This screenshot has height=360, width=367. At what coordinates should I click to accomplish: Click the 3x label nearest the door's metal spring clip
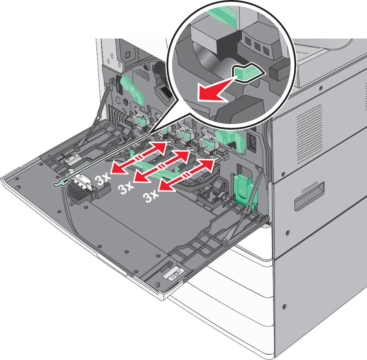[103, 179]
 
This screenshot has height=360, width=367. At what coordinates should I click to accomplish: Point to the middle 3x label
[126, 187]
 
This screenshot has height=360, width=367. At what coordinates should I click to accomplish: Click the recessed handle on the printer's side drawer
[309, 196]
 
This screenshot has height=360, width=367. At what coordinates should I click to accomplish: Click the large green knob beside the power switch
[229, 139]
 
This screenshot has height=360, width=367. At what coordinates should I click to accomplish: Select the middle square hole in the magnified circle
[257, 46]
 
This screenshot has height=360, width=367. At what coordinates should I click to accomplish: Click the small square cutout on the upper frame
[128, 55]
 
